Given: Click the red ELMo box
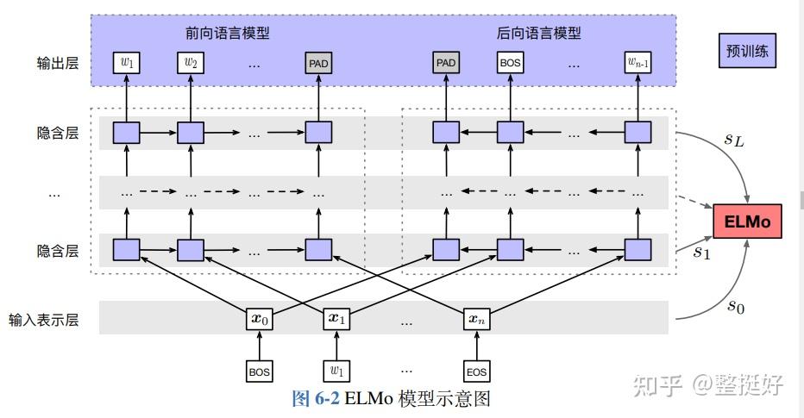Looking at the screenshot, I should tap(747, 223).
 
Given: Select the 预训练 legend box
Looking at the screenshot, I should tap(747, 52).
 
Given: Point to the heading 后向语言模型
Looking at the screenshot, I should tap(538, 34).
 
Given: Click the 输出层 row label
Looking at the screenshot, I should tap(58, 63).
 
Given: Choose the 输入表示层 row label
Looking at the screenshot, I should tap(44, 320).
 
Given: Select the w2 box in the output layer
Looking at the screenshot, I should tap(190, 63).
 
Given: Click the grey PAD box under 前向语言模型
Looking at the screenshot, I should tap(317, 63).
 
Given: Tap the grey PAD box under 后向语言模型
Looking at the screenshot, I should tap(446, 63).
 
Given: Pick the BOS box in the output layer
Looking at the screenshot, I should tap(510, 63).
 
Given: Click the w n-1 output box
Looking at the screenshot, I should tap(638, 63).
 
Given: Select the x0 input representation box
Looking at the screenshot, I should tap(260, 318).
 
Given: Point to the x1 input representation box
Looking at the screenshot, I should tap(336, 318).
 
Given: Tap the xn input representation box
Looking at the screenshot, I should tap(476, 318).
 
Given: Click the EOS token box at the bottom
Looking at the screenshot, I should tap(476, 371).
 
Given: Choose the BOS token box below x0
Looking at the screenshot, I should tap(260, 371).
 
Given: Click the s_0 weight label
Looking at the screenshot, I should tap(734, 305).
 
